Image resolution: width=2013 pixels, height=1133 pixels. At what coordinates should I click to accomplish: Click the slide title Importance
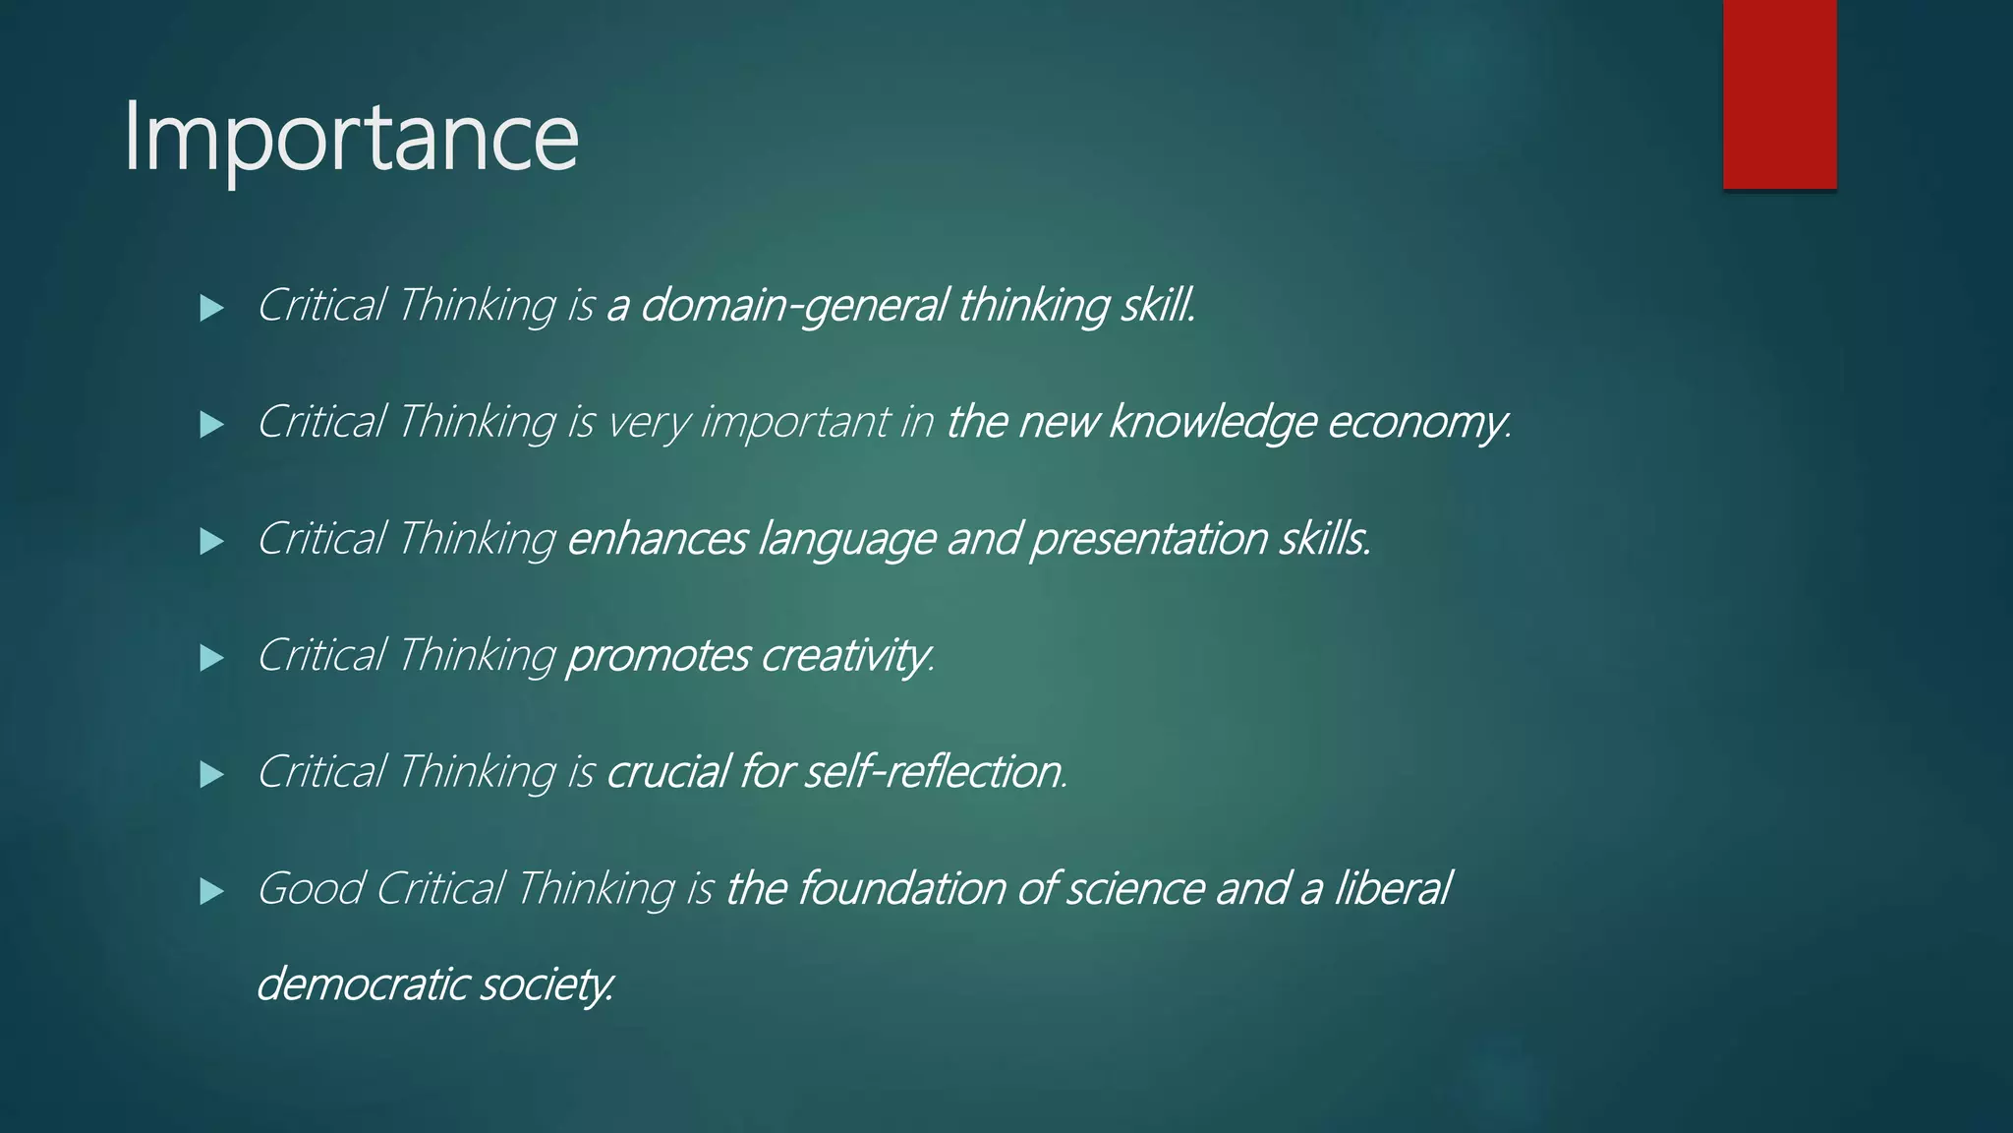click(351, 138)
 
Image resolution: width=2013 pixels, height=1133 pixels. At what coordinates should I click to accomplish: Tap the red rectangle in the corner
click(1779, 93)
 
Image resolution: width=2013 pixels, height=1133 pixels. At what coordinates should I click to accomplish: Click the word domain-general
click(793, 306)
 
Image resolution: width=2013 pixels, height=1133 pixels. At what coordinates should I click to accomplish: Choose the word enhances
click(657, 539)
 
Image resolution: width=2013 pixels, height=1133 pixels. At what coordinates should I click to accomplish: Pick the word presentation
click(1148, 539)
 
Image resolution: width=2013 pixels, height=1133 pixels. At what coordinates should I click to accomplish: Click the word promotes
click(658, 656)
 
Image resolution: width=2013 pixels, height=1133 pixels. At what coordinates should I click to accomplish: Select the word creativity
click(846, 656)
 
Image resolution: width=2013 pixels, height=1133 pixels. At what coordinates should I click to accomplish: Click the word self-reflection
click(934, 772)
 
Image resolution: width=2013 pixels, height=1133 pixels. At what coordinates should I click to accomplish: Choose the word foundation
click(901, 888)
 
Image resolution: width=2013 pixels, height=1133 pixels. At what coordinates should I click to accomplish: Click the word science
click(1134, 888)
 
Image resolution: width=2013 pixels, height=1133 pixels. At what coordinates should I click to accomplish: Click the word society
click(546, 984)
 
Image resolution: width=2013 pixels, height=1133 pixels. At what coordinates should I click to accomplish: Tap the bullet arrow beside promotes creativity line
click(211, 658)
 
